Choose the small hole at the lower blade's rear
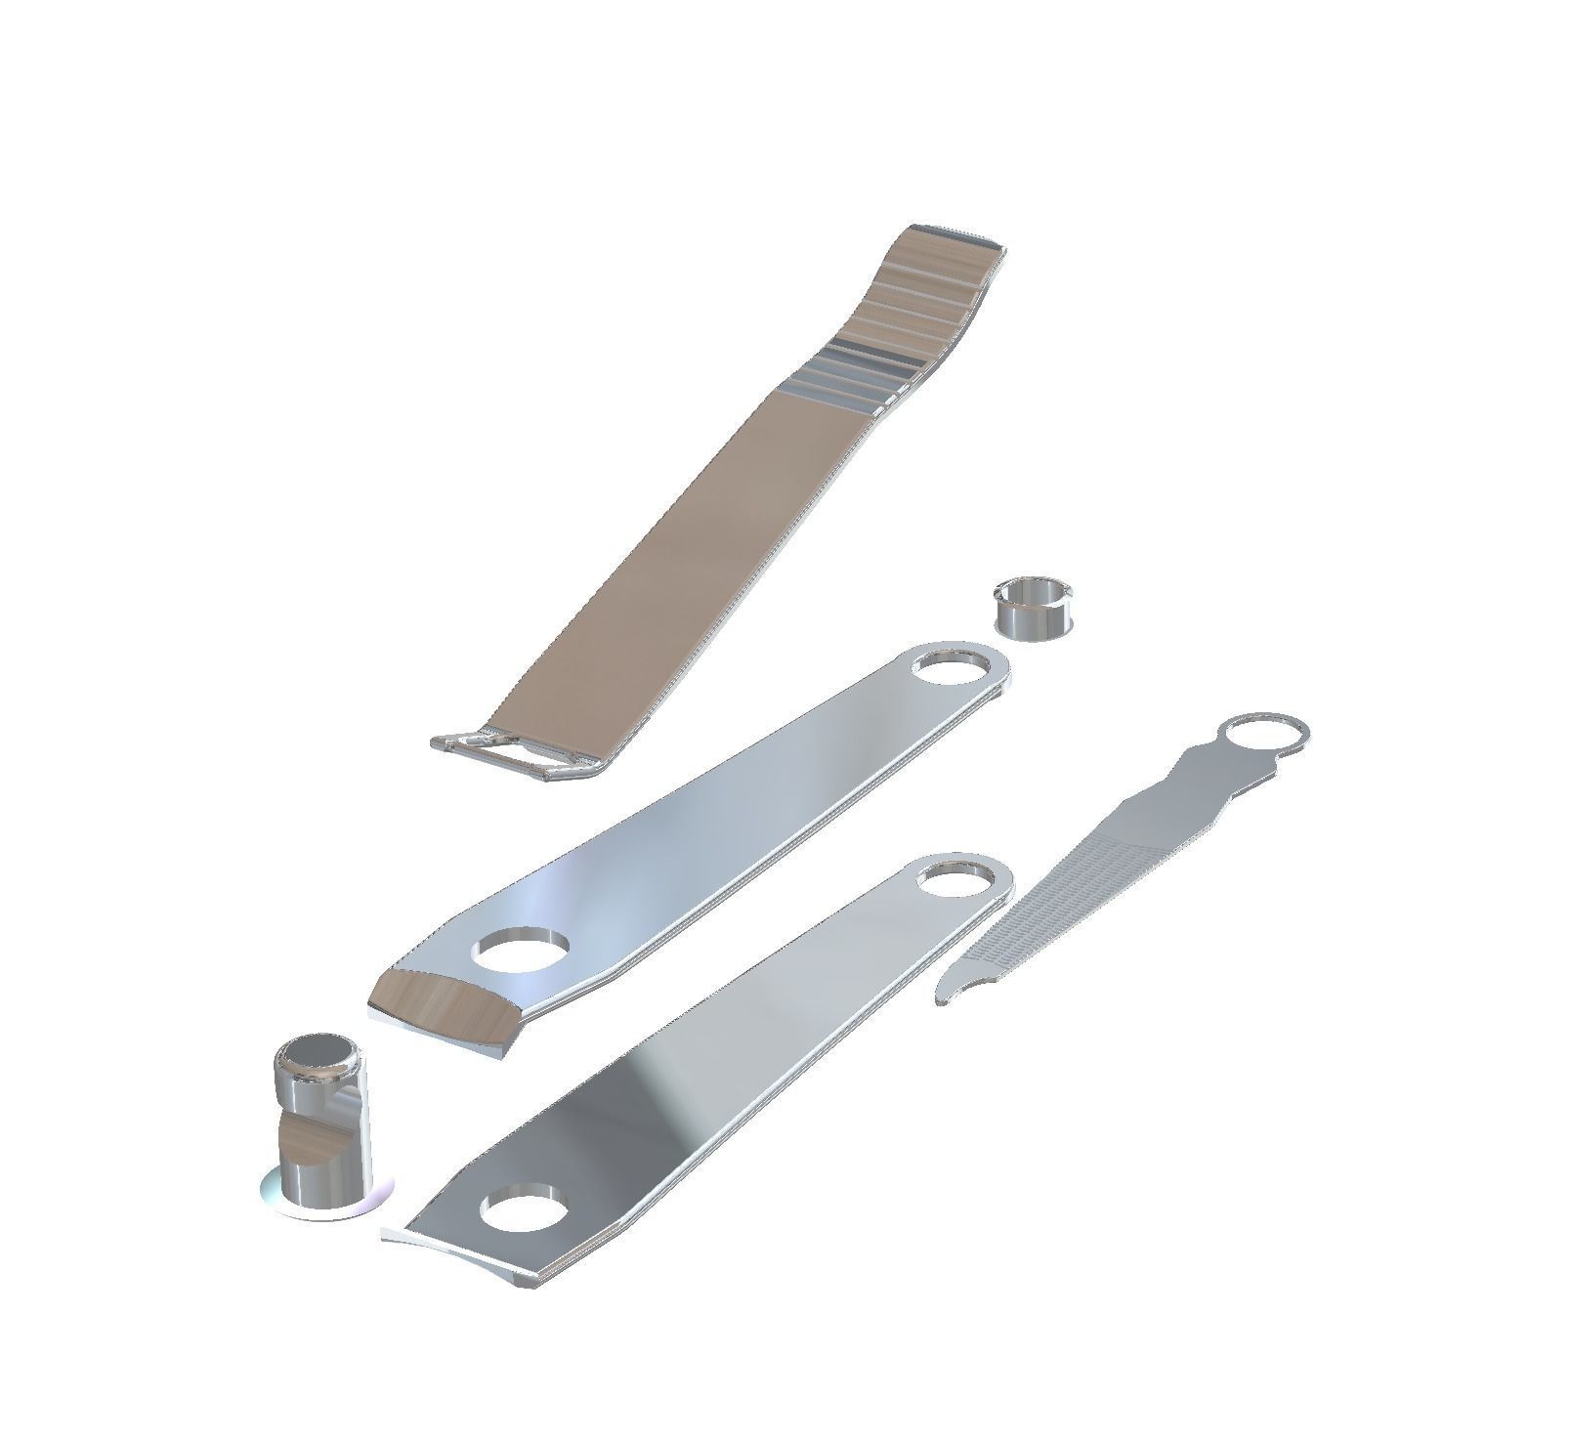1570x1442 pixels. click(x=956, y=878)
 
